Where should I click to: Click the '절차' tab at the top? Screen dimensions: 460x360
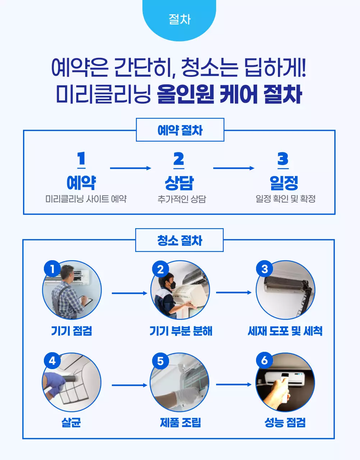coord(179,19)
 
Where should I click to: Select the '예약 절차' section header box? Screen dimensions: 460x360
coord(180,130)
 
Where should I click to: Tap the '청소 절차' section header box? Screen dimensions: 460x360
coord(179,240)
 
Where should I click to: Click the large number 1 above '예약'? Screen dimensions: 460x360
coord(81,159)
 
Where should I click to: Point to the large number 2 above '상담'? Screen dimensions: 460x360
coord(179,159)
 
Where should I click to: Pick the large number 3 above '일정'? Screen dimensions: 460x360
coord(283,159)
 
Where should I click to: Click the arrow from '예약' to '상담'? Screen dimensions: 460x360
coord(130,168)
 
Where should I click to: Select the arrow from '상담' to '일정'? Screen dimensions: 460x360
coord(233,168)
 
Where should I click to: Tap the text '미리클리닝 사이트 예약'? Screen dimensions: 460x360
coord(86,199)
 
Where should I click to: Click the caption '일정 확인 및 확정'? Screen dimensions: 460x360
coord(285,199)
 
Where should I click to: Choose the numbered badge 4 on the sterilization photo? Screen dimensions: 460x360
coord(53,360)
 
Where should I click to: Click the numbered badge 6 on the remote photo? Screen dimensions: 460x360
coord(265,360)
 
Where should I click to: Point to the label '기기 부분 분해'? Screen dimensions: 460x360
coord(181,331)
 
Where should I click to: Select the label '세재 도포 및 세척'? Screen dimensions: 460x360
coord(285,331)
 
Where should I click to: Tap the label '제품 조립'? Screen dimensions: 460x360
coord(180,422)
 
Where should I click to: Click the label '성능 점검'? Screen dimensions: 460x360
coord(285,422)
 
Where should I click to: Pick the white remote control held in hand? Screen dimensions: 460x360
coord(284,386)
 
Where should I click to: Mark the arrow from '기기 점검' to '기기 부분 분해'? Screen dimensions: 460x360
coord(129,293)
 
